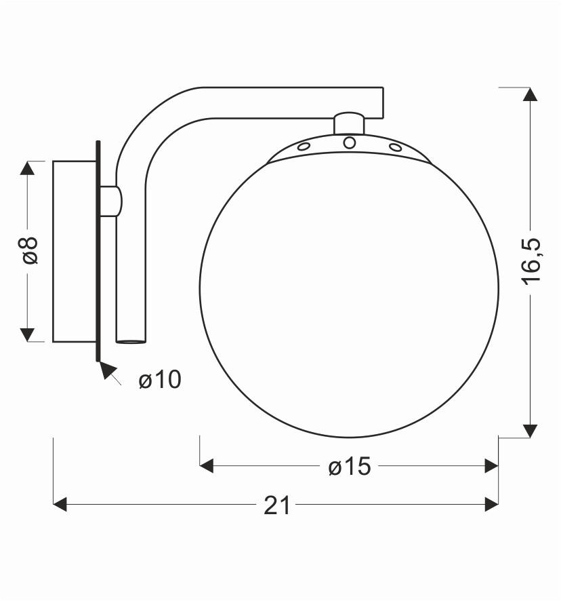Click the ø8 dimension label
pos(28,250)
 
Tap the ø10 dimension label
pos(160,380)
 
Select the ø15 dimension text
pos(350,466)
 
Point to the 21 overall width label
pos(276,505)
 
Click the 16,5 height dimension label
pos(532,262)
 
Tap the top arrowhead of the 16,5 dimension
pos(531,94)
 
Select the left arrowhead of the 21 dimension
pos(60,504)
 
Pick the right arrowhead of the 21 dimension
pos(491,504)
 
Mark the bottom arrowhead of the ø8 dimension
pos(27,334)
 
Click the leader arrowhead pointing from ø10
pos(106,370)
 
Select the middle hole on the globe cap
pos(350,142)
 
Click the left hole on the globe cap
pos(304,147)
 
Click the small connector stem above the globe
pos(350,123)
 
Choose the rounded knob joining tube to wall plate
pos(115,201)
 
